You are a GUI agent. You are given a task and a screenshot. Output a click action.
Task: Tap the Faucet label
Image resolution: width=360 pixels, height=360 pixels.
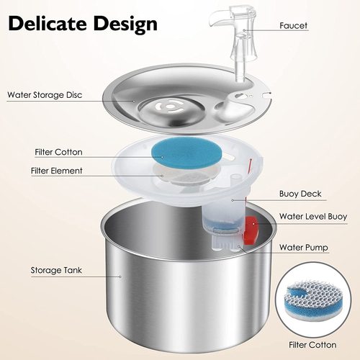pyautogui.click(x=293, y=25)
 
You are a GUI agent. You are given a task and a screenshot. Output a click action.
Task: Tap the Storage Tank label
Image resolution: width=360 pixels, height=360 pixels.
pyautogui.click(x=56, y=271)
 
